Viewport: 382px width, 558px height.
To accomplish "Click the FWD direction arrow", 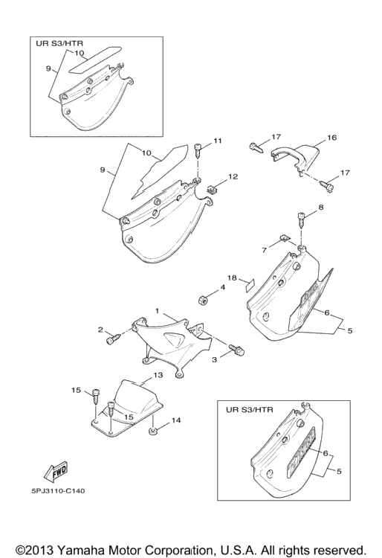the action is (56, 471).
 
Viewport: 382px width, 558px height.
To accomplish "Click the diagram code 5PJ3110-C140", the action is (58, 491).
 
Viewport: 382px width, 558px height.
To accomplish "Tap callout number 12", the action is (233, 176).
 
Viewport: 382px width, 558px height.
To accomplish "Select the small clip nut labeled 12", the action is (212, 188).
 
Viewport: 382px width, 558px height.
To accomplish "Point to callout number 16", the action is (331, 138).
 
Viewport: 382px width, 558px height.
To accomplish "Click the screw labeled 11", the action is (198, 151).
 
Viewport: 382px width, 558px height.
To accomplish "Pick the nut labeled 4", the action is (203, 300).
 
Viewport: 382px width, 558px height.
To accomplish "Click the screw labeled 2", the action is (113, 338).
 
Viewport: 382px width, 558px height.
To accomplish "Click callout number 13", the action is (158, 375).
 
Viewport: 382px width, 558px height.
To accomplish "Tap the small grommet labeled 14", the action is (153, 432).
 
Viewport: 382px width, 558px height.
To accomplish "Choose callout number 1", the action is (157, 311).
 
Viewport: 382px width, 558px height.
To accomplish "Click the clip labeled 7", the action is (284, 239).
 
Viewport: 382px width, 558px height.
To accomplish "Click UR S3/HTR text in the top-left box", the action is (59, 43).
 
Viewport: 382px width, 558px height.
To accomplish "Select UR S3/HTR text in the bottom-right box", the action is (250, 410).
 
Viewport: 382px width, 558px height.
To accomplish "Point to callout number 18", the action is (232, 278).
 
